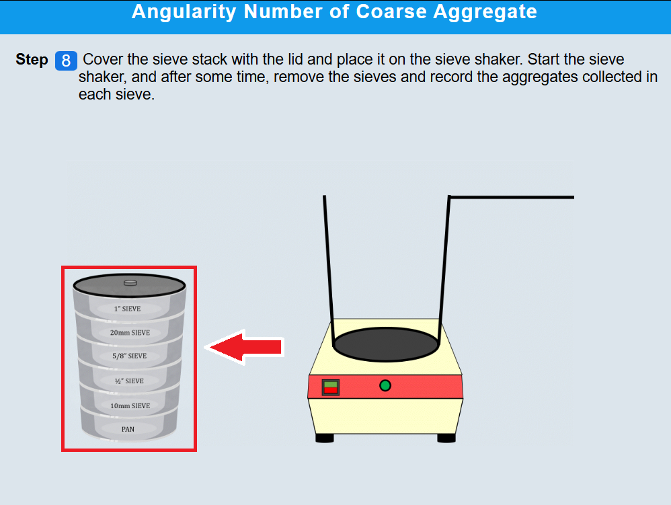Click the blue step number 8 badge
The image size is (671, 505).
pyautogui.click(x=66, y=61)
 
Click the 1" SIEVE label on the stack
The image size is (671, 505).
pyautogui.click(x=127, y=309)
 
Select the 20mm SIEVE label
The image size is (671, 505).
pyautogui.click(x=130, y=333)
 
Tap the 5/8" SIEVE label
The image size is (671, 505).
pyautogui.click(x=130, y=356)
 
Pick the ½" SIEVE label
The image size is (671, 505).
pyautogui.click(x=129, y=381)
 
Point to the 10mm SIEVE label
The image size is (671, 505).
pyautogui.click(x=130, y=405)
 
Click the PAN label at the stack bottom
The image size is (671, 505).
pyautogui.click(x=128, y=429)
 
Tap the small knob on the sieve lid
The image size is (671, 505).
pyautogui.click(x=130, y=283)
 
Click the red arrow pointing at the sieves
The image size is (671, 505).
pyautogui.click(x=245, y=347)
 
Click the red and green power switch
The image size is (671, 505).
pyautogui.click(x=330, y=387)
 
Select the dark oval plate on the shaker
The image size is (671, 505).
pyautogui.click(x=385, y=344)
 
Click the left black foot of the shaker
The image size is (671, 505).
pyautogui.click(x=324, y=438)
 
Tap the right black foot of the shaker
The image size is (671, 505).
pyautogui.click(x=446, y=438)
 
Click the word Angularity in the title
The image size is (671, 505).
pyautogui.click(x=184, y=12)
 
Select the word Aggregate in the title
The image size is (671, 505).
pyautogui.click(x=485, y=12)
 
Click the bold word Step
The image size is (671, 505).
pyautogui.click(x=32, y=59)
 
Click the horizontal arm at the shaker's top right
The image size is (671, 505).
pyautogui.click(x=512, y=197)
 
